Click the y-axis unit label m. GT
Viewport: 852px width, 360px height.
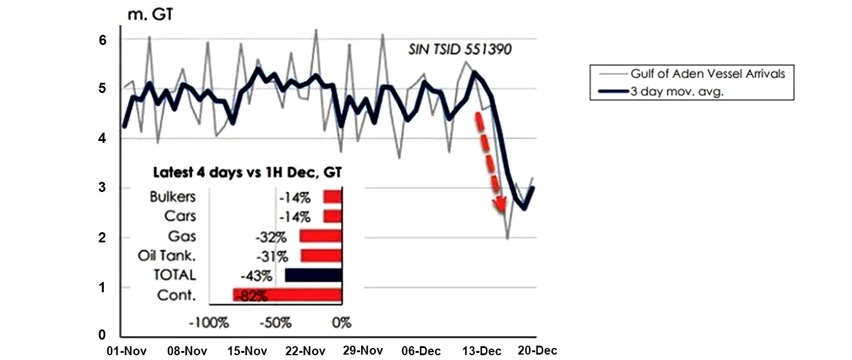[x=150, y=15]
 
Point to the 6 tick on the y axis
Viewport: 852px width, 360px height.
[x=103, y=40]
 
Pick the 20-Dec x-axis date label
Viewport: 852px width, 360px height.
[x=538, y=350]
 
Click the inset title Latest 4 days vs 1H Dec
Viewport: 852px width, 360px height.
[x=247, y=173]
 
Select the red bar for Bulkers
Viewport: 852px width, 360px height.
[x=332, y=197]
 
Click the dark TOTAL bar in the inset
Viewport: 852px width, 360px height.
[x=313, y=275]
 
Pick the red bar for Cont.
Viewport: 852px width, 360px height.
[x=287, y=295]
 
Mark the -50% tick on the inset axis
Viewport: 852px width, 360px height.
[x=276, y=322]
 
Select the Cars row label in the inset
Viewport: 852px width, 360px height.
[x=181, y=216]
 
